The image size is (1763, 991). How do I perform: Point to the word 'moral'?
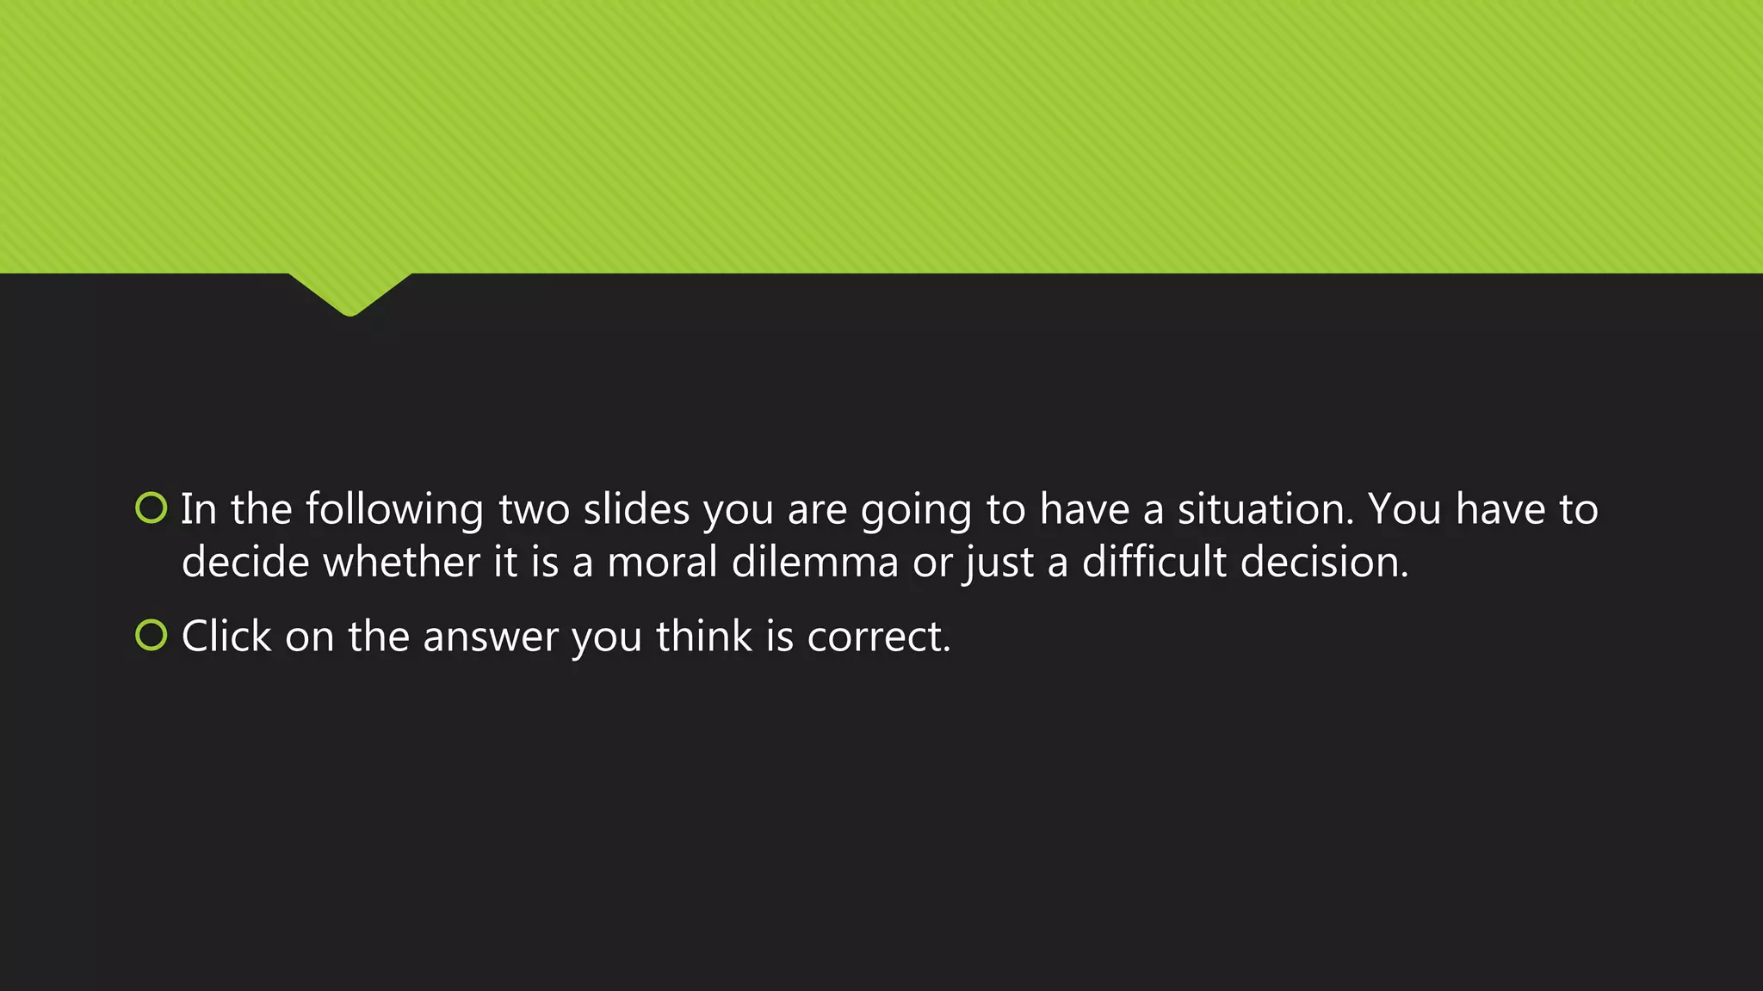pyautogui.click(x=662, y=563)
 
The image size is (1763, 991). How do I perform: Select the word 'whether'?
pyautogui.click(x=400, y=563)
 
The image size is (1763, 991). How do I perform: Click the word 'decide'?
pyautogui.click(x=244, y=563)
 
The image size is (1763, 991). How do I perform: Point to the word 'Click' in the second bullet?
pyautogui.click(x=226, y=637)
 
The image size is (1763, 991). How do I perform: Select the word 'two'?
pyautogui.click(x=534, y=509)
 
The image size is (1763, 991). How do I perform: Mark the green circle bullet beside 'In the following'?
pyautogui.click(x=152, y=508)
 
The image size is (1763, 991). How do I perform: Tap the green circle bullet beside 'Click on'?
pyautogui.click(x=152, y=635)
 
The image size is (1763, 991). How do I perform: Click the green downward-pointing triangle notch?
pyautogui.click(x=350, y=292)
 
